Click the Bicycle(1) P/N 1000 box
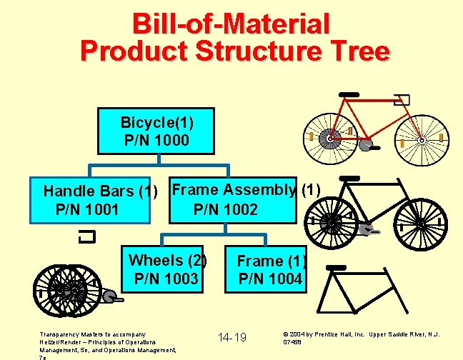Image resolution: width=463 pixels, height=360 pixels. click(156, 131)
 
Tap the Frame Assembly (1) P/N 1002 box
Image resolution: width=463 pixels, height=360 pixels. click(232, 199)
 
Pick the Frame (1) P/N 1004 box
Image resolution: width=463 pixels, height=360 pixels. click(269, 269)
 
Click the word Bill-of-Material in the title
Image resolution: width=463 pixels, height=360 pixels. click(231, 24)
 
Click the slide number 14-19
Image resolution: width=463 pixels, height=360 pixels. click(232, 336)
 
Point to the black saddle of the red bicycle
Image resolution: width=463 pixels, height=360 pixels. click(349, 94)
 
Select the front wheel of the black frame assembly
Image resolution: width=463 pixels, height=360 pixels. click(422, 223)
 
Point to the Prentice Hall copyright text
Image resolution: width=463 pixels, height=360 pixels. click(361, 337)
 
